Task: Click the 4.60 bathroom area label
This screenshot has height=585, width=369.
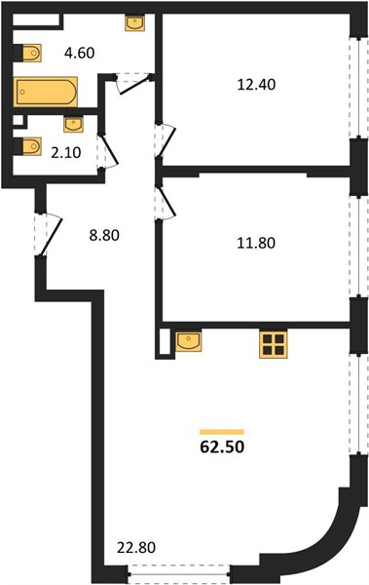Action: [80, 53]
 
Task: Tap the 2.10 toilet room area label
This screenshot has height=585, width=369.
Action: [66, 153]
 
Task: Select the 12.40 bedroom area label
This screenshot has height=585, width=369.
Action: [256, 85]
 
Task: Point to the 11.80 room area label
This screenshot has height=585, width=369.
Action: [256, 243]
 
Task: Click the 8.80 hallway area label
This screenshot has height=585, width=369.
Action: [104, 235]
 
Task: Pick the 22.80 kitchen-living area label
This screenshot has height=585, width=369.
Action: [136, 548]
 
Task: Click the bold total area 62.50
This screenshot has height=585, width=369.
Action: [222, 447]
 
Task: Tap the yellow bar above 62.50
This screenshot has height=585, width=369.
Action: [222, 432]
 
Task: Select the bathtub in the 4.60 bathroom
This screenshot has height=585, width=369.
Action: [46, 92]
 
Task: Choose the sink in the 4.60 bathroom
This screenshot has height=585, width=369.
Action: [134, 23]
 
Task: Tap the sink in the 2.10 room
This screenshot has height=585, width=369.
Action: [73, 125]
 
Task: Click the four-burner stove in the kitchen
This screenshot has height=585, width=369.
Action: [274, 344]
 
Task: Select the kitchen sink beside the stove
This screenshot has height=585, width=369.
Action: [188, 340]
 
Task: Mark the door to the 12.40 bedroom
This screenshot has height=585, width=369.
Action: [166, 139]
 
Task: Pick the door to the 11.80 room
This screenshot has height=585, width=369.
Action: [166, 203]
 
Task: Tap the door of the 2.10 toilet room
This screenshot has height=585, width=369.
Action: [108, 151]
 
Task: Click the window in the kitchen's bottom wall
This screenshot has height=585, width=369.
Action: [178, 574]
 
